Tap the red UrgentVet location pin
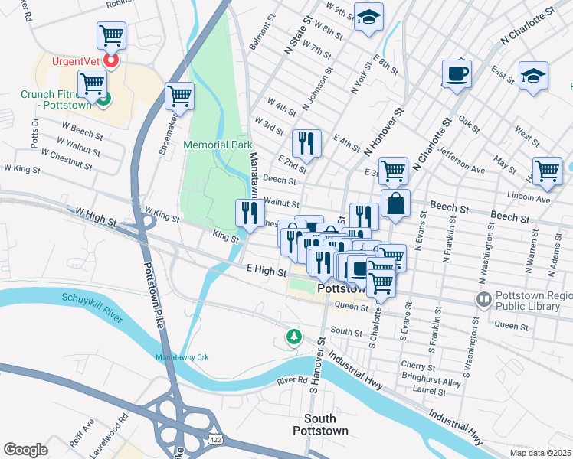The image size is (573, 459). click(111, 60)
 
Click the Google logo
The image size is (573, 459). click(25, 450)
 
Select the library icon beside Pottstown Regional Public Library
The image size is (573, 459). click(483, 299)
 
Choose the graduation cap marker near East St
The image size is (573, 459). click(533, 75)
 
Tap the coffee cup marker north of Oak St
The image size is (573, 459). click(457, 74)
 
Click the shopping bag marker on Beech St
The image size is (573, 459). click(395, 203)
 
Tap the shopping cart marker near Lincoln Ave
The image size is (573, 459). click(547, 171)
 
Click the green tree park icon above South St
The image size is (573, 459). click(293, 337)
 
